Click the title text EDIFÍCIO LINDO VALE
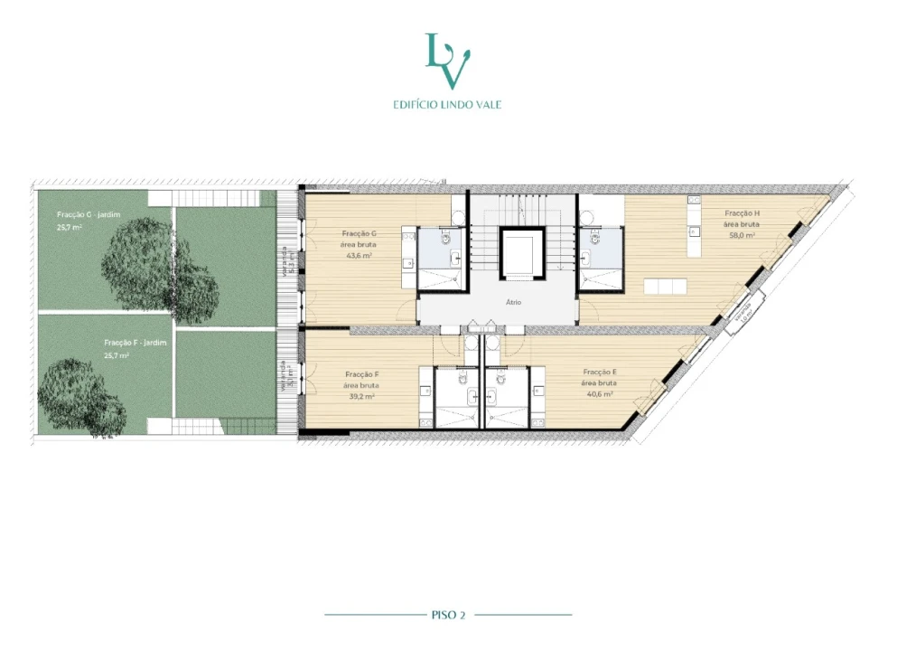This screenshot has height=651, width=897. [447, 105]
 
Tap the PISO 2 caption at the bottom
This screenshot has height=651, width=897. [448, 615]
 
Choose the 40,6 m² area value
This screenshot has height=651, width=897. [600, 394]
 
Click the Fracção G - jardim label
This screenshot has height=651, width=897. [89, 214]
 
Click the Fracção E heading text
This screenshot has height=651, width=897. [601, 373]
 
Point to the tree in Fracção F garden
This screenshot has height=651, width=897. [83, 399]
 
